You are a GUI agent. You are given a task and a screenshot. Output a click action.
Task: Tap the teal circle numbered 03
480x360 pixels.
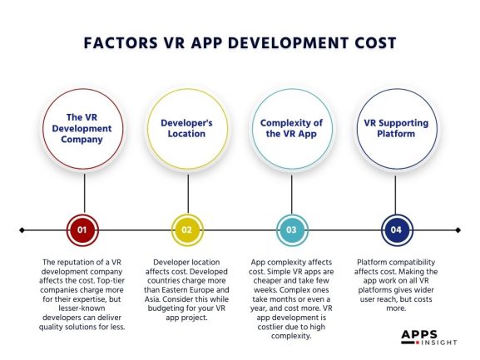click(x=292, y=229)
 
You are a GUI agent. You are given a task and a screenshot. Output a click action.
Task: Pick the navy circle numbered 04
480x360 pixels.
click(x=396, y=229)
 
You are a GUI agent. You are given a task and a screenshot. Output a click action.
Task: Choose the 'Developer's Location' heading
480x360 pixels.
click(x=188, y=128)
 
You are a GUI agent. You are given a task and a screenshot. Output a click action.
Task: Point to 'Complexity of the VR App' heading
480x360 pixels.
click(x=292, y=128)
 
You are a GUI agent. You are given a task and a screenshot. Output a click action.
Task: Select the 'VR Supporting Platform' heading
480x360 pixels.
click(x=396, y=128)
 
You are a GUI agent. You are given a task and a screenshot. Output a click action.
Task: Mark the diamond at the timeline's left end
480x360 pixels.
click(x=22, y=229)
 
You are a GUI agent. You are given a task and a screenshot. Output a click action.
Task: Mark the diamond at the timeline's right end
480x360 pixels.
click(x=458, y=229)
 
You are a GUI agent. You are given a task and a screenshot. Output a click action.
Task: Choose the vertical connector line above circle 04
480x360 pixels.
click(x=396, y=197)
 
